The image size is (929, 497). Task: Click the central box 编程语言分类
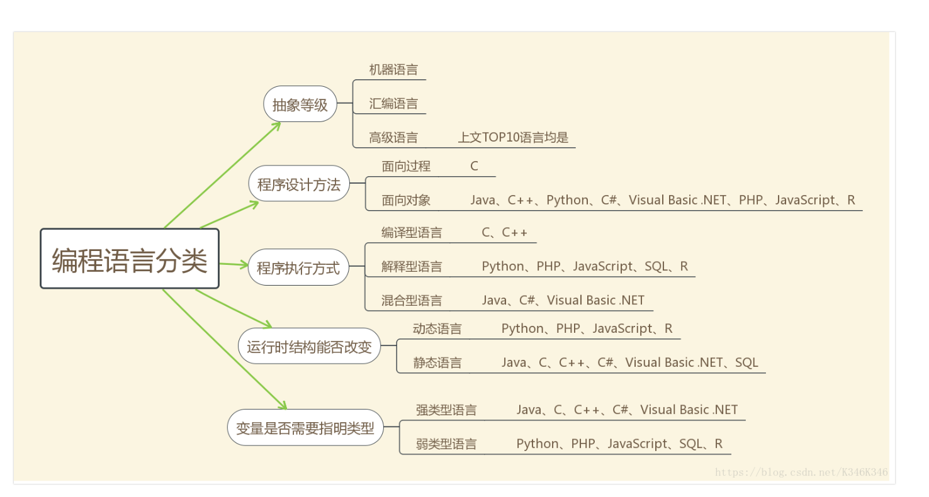click(x=130, y=259)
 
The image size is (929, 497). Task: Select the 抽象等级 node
click(x=300, y=104)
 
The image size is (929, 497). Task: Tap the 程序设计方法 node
click(x=298, y=184)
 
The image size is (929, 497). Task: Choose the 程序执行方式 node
click(x=298, y=268)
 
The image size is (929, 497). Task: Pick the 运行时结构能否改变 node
click(x=309, y=346)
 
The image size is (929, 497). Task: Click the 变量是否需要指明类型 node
click(x=305, y=429)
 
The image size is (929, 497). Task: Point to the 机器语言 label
click(x=393, y=69)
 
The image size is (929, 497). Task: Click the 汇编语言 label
click(x=393, y=103)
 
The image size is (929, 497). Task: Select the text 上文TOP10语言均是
click(x=514, y=137)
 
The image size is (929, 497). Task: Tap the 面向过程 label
click(x=406, y=166)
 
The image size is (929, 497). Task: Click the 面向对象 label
click(x=406, y=200)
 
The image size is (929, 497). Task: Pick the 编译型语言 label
click(x=412, y=233)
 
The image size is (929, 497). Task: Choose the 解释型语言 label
click(x=412, y=267)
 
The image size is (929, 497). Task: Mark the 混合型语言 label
click(x=412, y=301)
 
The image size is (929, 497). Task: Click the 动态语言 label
click(x=437, y=328)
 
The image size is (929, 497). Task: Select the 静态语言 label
click(x=437, y=362)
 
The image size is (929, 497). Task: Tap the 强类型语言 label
click(x=446, y=410)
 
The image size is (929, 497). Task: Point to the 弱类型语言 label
click(x=446, y=444)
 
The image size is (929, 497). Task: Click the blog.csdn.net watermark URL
click(x=801, y=472)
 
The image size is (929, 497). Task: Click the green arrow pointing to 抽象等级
click(x=220, y=175)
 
